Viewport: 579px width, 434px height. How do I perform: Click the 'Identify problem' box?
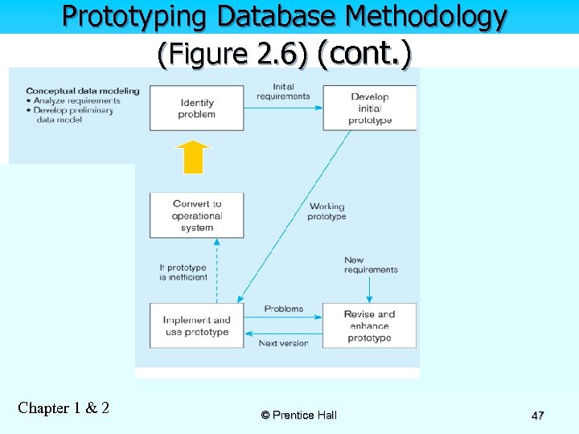point(197,108)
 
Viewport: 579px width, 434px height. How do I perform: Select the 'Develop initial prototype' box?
point(370,108)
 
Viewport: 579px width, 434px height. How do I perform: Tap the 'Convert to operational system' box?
point(197,215)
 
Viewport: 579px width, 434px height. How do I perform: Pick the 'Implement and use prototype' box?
point(197,325)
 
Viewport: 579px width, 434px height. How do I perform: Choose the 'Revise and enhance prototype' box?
point(370,325)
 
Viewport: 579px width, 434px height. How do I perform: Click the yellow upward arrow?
point(193,158)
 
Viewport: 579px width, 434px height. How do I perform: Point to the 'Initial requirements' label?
point(283,92)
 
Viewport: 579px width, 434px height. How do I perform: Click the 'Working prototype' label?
point(326,211)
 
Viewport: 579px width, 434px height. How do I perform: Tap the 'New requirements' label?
point(371,264)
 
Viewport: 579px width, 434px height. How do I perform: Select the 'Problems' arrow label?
point(284,309)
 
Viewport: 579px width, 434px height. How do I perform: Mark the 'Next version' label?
point(283,343)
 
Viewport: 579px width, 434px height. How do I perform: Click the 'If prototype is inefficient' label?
point(183,272)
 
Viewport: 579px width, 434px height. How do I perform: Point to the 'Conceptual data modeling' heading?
point(83,91)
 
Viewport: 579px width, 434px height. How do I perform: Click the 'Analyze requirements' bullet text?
point(78,100)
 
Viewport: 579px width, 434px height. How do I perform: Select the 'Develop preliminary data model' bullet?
point(75,115)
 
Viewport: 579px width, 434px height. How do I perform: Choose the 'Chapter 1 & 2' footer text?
point(64,407)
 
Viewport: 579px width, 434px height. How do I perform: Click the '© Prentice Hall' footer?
point(299,415)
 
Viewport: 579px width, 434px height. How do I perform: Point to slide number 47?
point(538,416)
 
